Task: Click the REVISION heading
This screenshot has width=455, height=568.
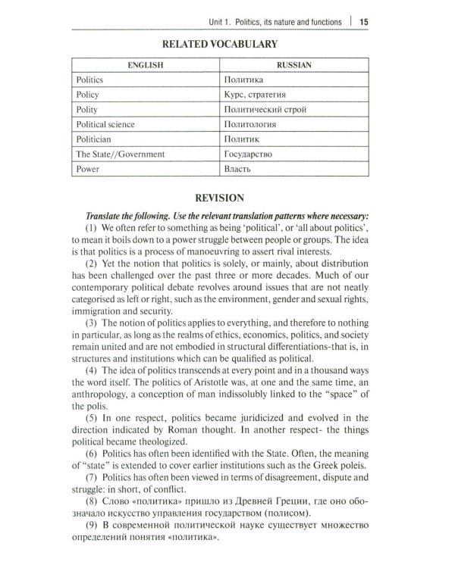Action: click(220, 198)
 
